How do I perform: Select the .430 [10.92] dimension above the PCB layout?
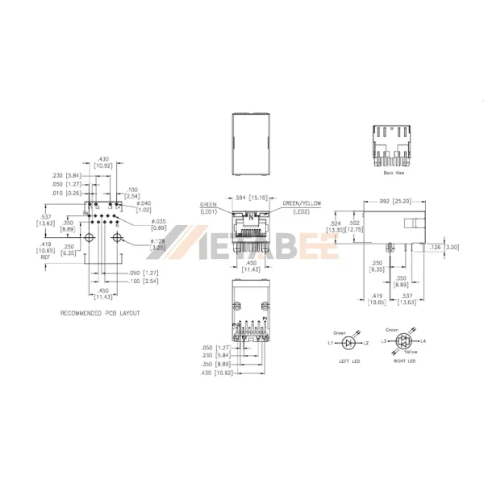click(103, 161)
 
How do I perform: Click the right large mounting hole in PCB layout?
click(115, 238)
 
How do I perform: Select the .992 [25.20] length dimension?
click(395, 201)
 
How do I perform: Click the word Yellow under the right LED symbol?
click(410, 353)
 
